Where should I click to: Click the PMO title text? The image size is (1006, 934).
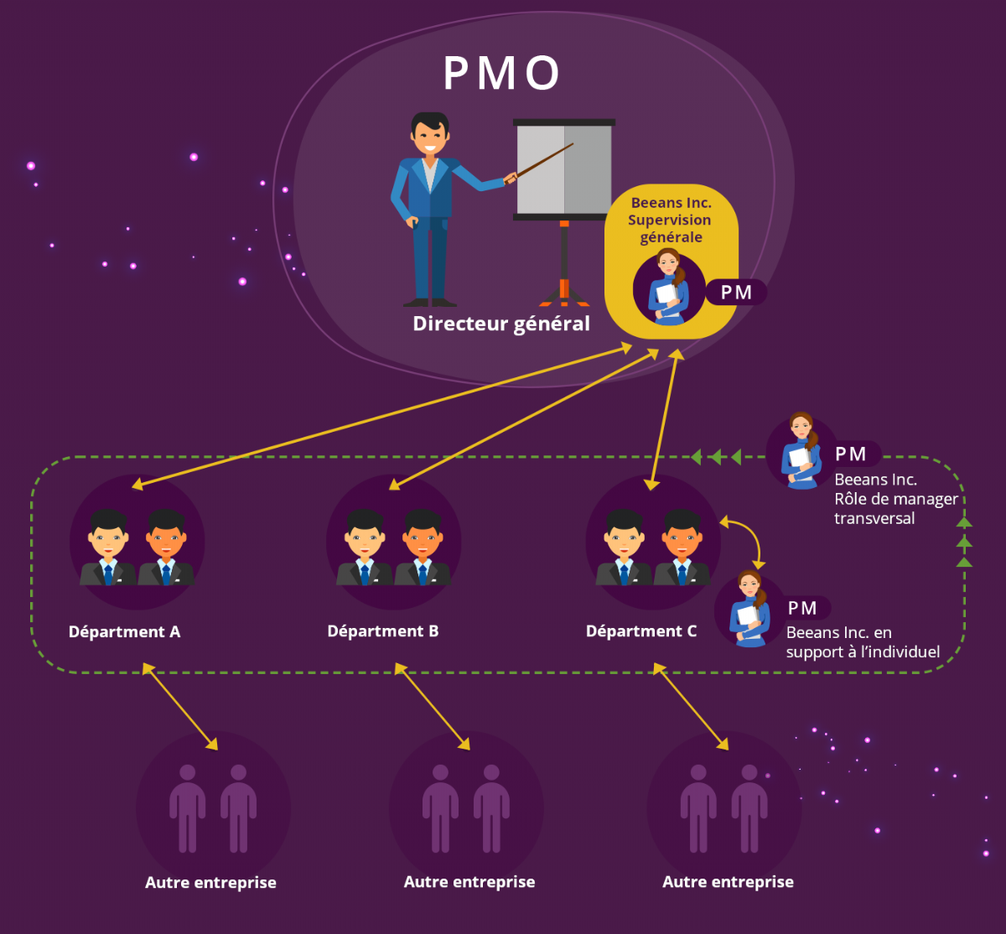tap(501, 73)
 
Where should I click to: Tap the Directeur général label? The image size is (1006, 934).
tap(501, 324)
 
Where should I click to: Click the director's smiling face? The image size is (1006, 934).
tap(430, 135)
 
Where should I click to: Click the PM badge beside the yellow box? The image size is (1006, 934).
tap(736, 293)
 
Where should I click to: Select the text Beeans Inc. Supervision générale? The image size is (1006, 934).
tap(670, 220)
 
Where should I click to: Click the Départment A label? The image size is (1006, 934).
tap(125, 632)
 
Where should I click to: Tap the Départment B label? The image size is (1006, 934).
tap(383, 631)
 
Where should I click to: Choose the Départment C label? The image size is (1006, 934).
tap(641, 631)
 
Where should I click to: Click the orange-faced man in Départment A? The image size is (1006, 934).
tap(166, 547)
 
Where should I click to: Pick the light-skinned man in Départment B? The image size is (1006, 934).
tap(364, 547)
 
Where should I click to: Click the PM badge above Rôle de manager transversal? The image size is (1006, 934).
tap(851, 454)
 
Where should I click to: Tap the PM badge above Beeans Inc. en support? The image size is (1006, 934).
tap(802, 608)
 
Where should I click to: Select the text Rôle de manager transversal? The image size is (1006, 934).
tap(896, 509)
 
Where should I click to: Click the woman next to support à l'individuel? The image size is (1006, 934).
tap(749, 609)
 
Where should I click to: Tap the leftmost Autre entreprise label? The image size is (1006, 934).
tap(210, 883)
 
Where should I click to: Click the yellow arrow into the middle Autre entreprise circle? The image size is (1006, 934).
tap(432, 706)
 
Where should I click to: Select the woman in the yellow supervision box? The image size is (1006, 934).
tap(669, 287)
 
